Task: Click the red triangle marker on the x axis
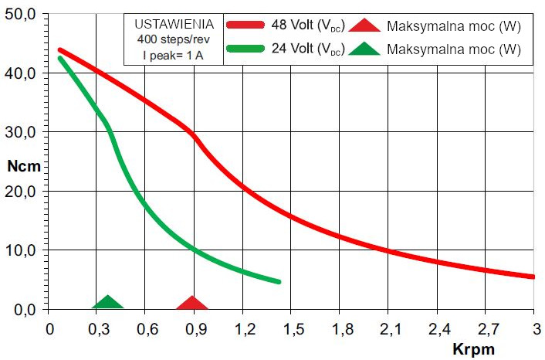[192, 303]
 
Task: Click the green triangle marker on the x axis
[108, 302]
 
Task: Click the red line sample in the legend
[247, 25]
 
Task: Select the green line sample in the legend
[247, 49]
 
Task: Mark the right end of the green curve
[279, 281]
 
